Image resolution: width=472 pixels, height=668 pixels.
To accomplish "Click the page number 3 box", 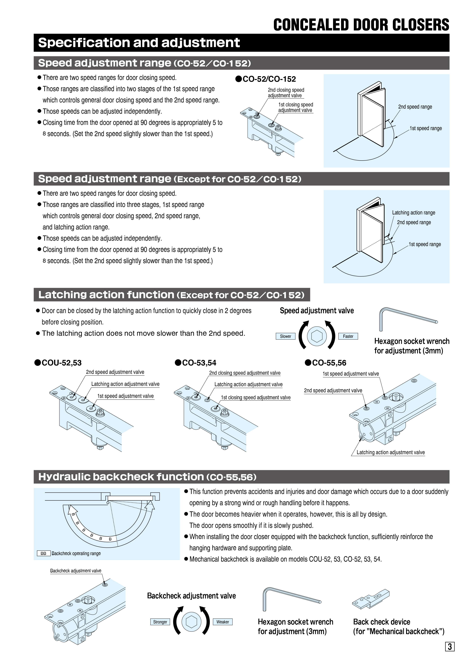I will pos(450,646).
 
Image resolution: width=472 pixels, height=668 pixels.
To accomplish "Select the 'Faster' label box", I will pos(348,336).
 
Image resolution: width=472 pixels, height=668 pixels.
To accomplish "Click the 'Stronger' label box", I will pos(160,622).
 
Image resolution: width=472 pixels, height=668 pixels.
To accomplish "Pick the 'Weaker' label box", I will pos(222,622).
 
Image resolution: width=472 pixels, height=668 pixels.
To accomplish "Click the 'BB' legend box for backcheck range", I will pos(44,553).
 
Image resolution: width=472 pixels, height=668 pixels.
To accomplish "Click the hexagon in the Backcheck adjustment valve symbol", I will pos(191,622).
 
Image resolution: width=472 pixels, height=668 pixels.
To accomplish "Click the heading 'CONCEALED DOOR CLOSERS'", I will pos(361,25).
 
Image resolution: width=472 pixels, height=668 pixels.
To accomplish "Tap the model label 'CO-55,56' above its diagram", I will pos(329,363).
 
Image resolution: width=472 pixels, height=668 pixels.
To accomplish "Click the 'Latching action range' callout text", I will pos(414,213).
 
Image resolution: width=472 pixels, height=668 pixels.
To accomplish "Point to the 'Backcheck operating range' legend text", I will pos(76,553).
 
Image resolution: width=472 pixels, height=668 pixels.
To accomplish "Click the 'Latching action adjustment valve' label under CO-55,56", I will pos(391,452).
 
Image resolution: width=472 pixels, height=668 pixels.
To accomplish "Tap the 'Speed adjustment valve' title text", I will pos(317,311).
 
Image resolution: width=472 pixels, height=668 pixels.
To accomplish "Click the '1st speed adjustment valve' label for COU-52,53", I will pos(125,396).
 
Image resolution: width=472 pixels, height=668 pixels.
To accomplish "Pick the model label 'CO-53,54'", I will pos(199,363).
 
